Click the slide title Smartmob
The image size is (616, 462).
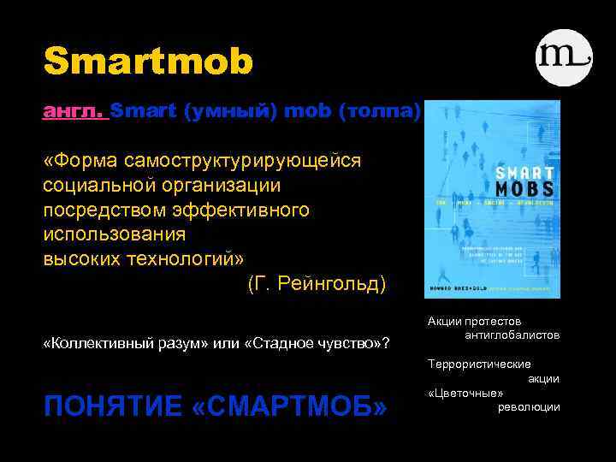(149, 61)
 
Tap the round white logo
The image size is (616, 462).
(564, 57)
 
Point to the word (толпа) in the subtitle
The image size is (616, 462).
(380, 111)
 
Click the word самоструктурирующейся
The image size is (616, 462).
(242, 161)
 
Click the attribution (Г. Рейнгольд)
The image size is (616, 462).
(317, 282)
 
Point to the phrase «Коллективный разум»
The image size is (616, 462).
(117, 343)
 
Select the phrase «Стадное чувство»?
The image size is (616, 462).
(311, 343)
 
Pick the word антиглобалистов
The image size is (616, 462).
(512, 335)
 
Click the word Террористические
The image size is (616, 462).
(478, 364)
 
